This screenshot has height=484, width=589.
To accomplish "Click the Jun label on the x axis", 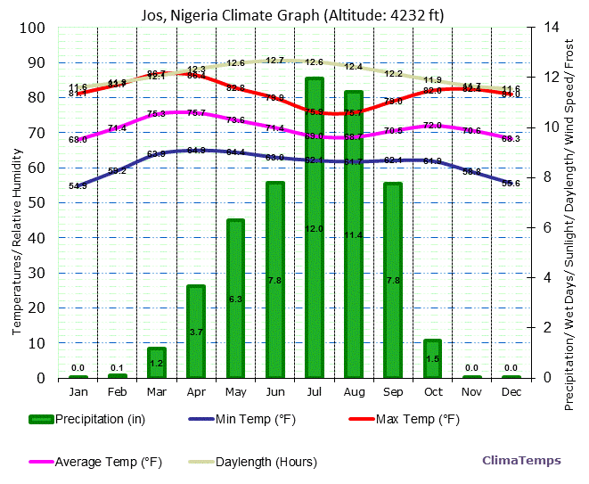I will [275, 391].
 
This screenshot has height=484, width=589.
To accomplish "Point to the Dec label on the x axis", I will [511, 391].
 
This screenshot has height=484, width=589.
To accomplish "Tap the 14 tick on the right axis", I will [541, 28].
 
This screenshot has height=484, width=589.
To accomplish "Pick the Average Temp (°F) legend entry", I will [98, 462].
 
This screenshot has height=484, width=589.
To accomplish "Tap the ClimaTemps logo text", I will [521, 461].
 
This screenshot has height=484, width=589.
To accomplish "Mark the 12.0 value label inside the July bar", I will [315, 229].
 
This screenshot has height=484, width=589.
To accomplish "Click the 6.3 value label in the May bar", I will [235, 299].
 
